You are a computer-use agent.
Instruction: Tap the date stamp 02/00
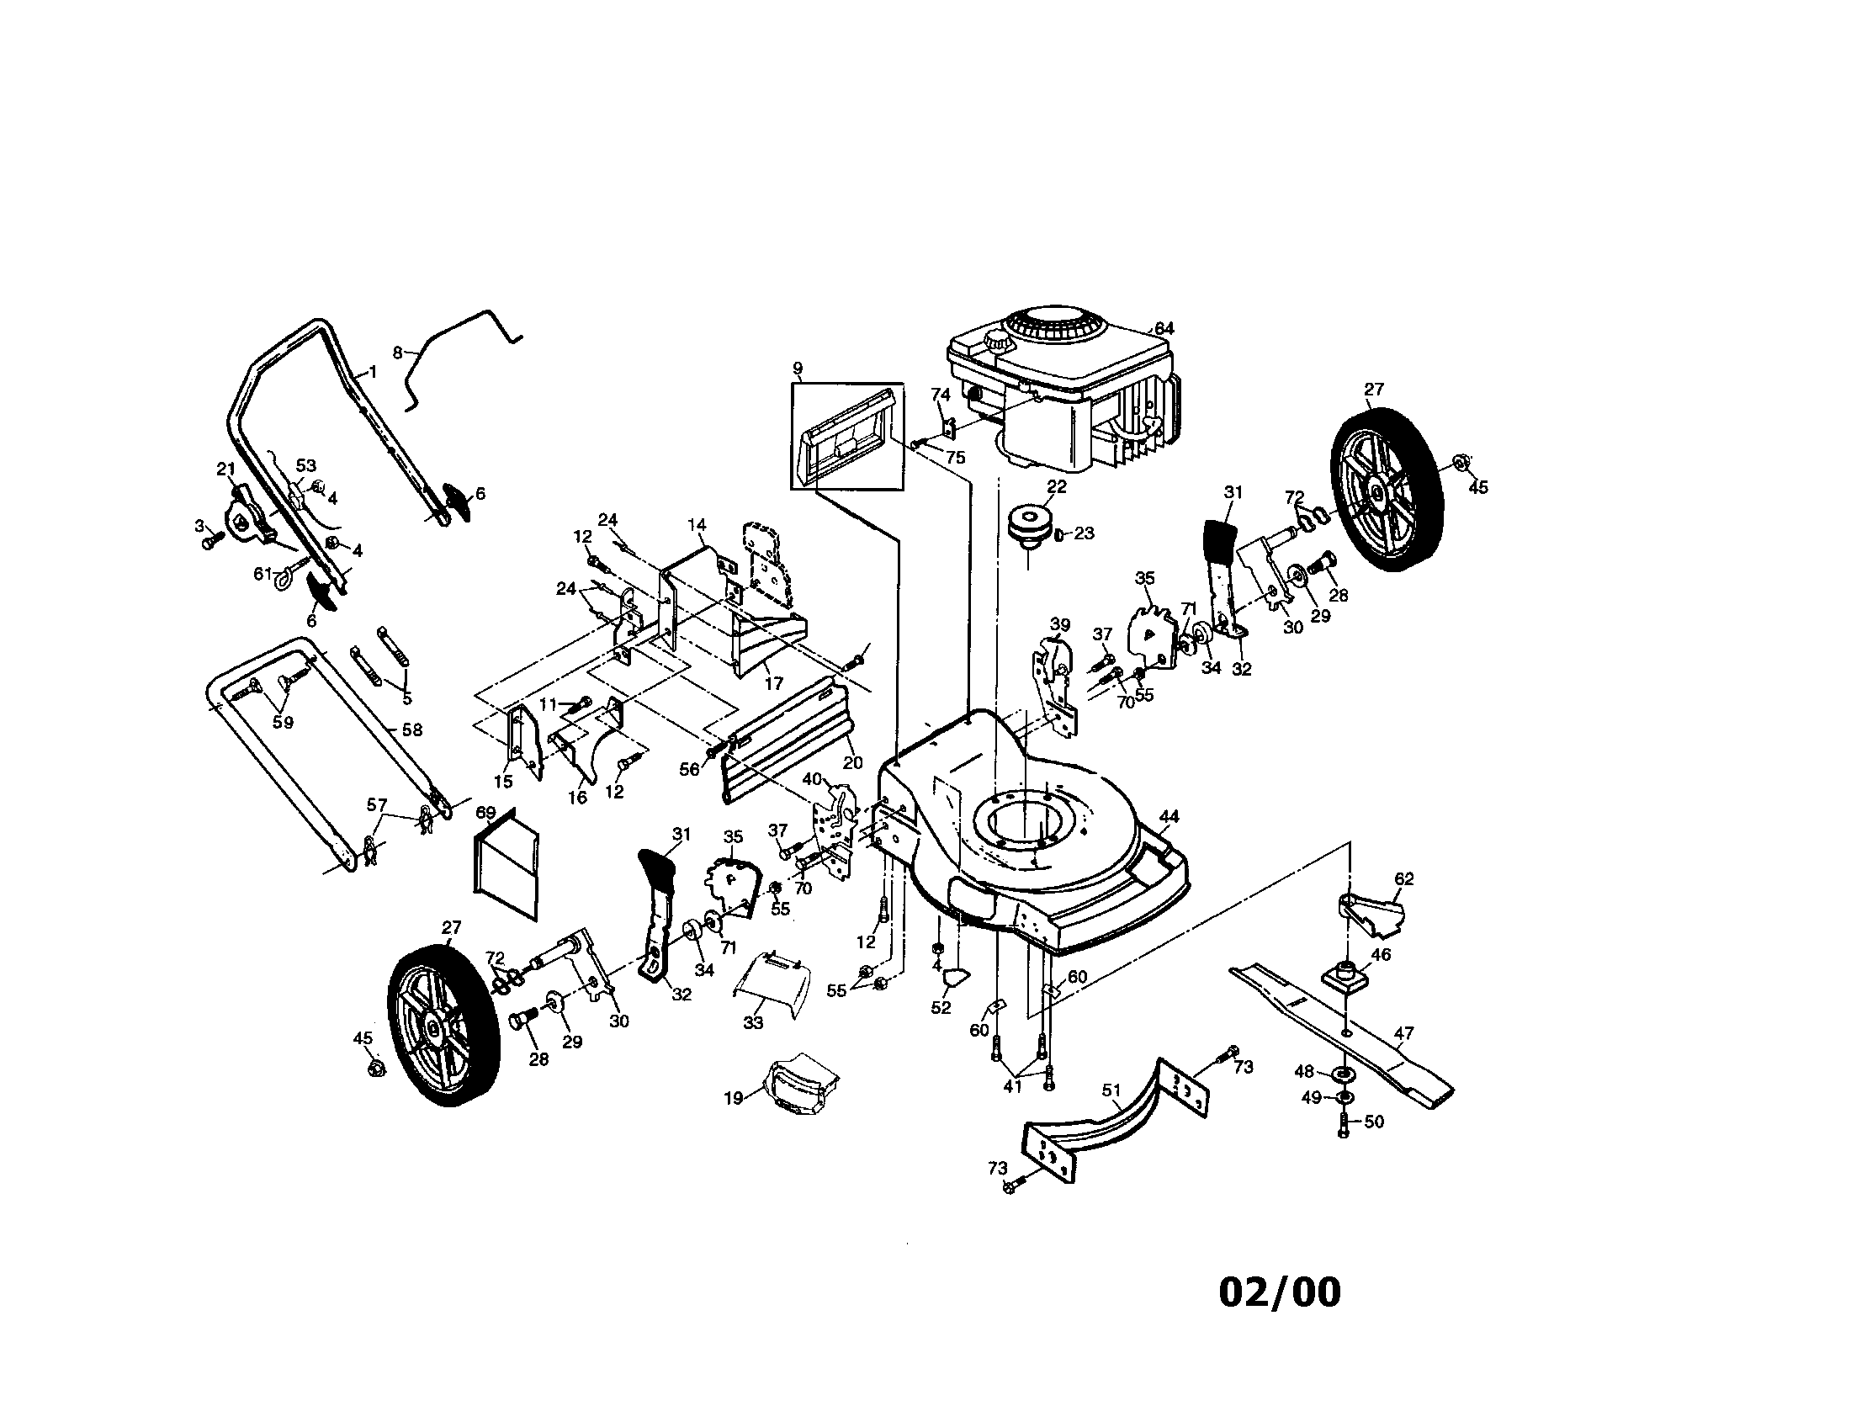coord(1280,1292)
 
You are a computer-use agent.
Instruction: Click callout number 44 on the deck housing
coord(1169,816)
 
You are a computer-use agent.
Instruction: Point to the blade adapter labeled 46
coord(1346,974)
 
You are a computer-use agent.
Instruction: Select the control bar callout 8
coord(397,352)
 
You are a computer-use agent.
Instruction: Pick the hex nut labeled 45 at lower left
coord(374,1069)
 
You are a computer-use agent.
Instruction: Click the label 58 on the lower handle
coord(412,729)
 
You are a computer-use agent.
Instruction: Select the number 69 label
coord(485,813)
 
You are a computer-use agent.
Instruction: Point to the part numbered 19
coord(797,1093)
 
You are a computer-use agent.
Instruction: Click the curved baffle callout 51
coord(1111,1090)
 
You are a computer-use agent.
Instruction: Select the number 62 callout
coord(1404,878)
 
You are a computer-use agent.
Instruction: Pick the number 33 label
coord(753,1023)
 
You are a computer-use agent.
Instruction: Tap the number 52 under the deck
coord(941,1007)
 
